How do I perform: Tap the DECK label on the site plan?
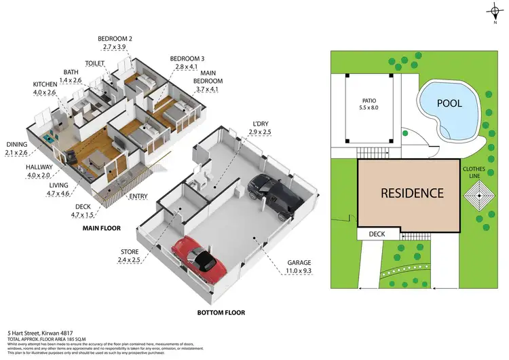(376, 234)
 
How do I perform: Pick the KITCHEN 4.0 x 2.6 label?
(49, 88)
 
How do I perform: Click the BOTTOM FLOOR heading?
(221, 313)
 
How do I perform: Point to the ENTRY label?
(138, 196)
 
